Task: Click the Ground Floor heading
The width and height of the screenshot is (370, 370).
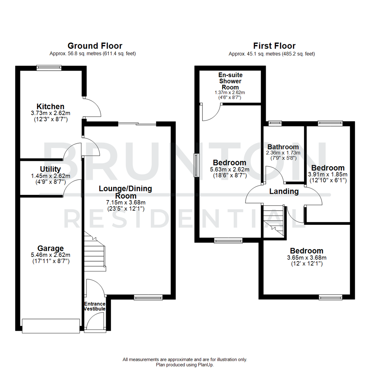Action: pyautogui.click(x=95, y=46)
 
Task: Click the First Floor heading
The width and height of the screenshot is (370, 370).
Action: pyautogui.click(x=274, y=46)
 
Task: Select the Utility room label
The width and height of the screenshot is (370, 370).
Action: pyautogui.click(x=50, y=169)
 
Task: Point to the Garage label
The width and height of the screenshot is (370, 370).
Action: pyautogui.click(x=51, y=248)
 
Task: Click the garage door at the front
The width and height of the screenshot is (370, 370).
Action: pyautogui.click(x=51, y=325)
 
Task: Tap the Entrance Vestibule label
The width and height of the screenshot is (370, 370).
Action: pyautogui.click(x=95, y=306)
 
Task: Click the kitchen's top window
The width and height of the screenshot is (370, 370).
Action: pyautogui.click(x=49, y=68)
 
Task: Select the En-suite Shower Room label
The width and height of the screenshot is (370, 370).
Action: pyautogui.click(x=230, y=81)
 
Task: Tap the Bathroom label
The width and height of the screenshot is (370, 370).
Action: pyautogui.click(x=283, y=147)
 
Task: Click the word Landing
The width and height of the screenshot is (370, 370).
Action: pyautogui.click(x=284, y=192)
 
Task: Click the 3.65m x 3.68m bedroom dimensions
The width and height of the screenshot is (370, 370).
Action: pyautogui.click(x=306, y=258)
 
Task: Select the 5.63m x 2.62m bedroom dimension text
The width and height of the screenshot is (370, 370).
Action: pyautogui.click(x=230, y=169)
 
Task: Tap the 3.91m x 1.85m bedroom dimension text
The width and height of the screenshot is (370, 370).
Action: pyautogui.click(x=328, y=174)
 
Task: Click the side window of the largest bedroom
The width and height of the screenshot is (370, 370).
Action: pyautogui.click(x=196, y=165)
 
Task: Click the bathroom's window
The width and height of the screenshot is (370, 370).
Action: pyautogui.click(x=275, y=123)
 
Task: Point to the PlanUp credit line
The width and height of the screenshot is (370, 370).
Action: pyautogui.click(x=185, y=365)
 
